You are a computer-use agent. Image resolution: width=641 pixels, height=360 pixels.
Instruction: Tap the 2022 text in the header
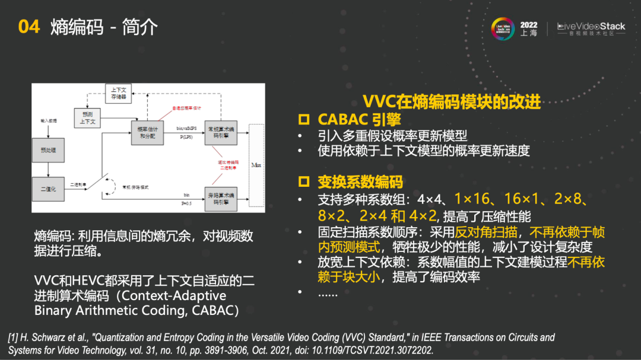tap(529, 25)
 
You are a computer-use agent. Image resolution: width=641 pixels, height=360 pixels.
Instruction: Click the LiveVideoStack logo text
tap(591, 26)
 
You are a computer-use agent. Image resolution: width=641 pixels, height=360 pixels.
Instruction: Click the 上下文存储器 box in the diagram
tap(118, 93)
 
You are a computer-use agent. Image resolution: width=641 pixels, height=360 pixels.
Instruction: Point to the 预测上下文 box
tap(88, 117)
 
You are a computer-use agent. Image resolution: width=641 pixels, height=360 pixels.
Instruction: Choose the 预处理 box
tap(48, 151)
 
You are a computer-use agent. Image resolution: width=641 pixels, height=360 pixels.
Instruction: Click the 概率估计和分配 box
tap(146, 132)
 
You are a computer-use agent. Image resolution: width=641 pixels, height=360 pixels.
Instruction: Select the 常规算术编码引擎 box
tap(220, 132)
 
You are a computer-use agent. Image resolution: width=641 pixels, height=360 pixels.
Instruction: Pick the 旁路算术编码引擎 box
tap(220, 198)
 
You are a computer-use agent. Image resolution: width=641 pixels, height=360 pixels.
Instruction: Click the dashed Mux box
tap(256, 165)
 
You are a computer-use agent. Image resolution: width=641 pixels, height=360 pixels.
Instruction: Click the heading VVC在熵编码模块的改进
tap(452, 102)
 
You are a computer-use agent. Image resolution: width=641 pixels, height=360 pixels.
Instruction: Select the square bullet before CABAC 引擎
tap(304, 120)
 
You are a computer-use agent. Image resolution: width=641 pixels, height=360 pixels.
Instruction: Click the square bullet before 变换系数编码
tap(304, 182)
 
